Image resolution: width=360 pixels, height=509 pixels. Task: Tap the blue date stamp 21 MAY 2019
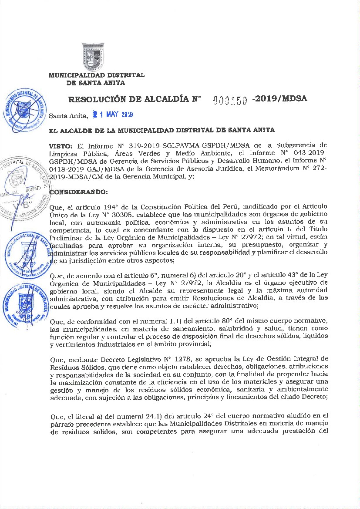point(112,115)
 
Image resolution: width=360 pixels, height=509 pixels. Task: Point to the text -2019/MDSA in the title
point(280,98)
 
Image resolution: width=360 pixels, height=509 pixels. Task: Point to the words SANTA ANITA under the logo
point(96,83)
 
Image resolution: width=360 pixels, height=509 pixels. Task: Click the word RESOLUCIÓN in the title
point(99,99)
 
